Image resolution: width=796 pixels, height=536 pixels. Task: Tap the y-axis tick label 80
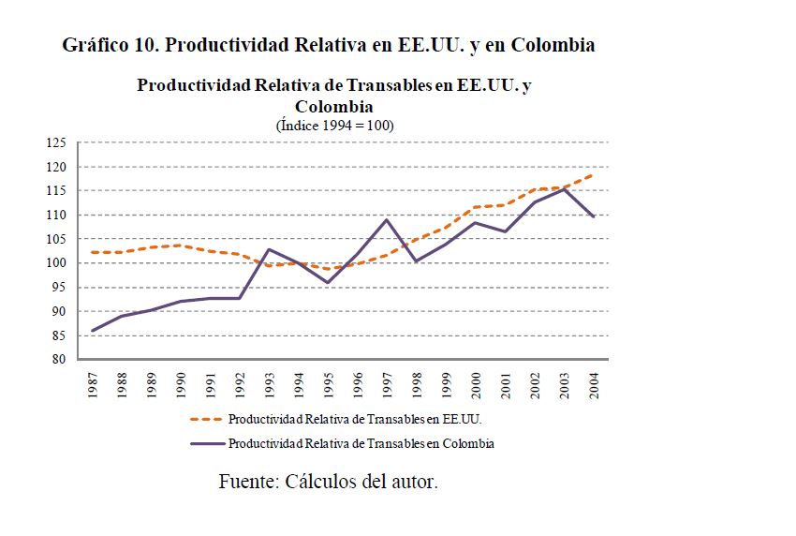coord(59,360)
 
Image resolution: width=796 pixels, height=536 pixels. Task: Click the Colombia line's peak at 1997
coord(388,219)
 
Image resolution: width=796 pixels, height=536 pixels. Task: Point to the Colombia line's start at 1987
coord(94,330)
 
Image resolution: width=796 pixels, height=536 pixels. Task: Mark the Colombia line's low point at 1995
coord(329,282)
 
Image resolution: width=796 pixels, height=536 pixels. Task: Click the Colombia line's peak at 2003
coord(565,189)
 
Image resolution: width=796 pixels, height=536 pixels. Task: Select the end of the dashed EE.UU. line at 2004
coord(595,174)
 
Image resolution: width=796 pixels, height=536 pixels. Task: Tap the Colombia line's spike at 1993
coord(270,249)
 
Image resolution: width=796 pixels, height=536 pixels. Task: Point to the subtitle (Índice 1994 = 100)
coord(334,125)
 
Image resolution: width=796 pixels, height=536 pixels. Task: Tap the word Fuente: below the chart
coord(251,483)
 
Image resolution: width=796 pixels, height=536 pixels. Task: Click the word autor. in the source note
coord(411,483)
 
